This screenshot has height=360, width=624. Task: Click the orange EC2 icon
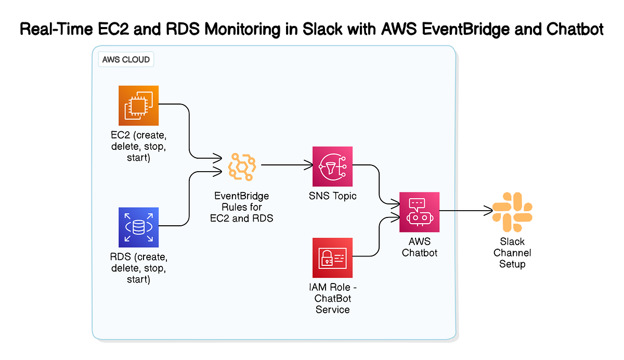[x=138, y=106]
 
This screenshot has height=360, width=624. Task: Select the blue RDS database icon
[x=138, y=227]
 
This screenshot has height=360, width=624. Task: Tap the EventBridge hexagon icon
[x=242, y=166]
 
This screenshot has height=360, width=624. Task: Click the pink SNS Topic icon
[x=332, y=166]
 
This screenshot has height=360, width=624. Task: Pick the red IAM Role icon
[x=332, y=258]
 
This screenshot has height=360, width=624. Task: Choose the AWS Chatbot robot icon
[x=419, y=212]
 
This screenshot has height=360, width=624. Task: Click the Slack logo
[x=512, y=211]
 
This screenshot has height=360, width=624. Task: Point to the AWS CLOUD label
[x=126, y=59]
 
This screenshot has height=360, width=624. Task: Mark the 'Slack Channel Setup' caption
[x=512, y=253]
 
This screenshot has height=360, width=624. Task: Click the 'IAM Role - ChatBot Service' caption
[x=332, y=299]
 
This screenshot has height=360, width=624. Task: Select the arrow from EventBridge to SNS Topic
[x=286, y=166]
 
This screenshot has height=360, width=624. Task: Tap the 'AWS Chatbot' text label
[x=419, y=248]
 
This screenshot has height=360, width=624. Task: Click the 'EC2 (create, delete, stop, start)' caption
[x=138, y=147]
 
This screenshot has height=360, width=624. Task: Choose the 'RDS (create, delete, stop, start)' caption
[x=138, y=268]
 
